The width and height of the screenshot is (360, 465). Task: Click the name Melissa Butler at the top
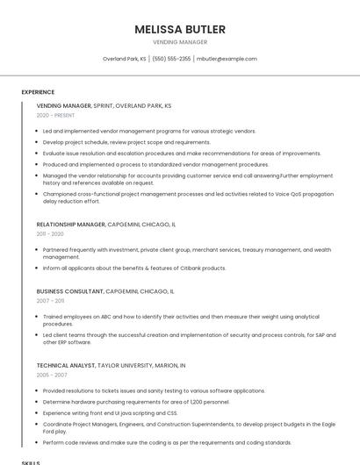coord(180,29)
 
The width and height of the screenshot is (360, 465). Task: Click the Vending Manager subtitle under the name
coord(180,42)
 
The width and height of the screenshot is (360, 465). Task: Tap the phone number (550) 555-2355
coord(171,59)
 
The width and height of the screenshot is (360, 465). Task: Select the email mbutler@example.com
coord(227,59)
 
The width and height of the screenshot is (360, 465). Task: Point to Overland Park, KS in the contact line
coord(124,59)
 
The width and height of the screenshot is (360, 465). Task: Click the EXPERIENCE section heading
coord(38,92)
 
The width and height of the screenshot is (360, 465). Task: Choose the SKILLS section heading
coord(31,461)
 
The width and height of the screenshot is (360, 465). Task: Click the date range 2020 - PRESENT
coord(55,115)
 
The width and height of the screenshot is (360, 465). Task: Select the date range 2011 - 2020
coord(50,234)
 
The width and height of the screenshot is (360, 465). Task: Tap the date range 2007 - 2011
coord(50,300)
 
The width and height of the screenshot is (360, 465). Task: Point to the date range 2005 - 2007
coord(51,375)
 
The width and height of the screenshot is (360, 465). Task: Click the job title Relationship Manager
coord(70,225)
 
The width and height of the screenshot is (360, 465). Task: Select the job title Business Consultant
coord(70,290)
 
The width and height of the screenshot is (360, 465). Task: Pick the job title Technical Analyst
coord(66,365)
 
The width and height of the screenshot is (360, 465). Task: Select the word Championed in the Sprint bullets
coord(59,194)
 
